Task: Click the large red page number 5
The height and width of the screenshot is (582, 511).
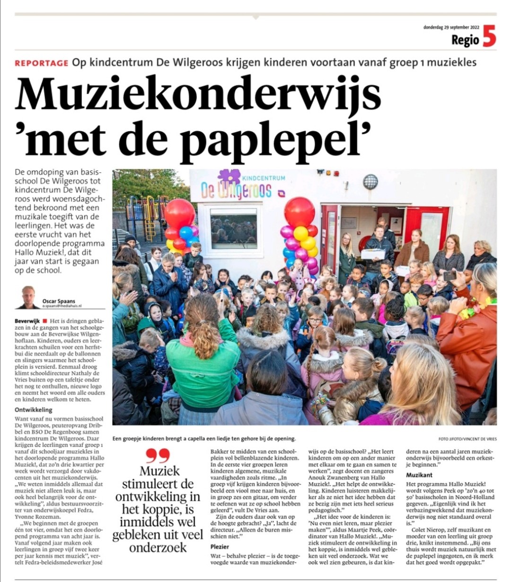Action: tap(489, 36)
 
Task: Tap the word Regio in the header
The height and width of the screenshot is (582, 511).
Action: tap(465, 40)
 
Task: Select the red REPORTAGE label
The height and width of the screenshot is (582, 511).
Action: tap(42, 63)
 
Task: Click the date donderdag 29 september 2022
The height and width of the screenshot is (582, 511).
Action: tap(451, 27)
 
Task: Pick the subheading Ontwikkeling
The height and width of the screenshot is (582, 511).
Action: tap(34, 410)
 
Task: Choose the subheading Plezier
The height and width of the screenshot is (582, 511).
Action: tap(220, 547)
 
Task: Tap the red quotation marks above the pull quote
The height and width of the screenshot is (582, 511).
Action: tap(158, 455)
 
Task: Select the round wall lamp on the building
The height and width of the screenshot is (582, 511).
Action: tap(370, 182)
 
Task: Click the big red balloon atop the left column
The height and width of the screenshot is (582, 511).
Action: tap(179, 213)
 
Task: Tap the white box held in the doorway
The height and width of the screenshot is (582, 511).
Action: tap(373, 254)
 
